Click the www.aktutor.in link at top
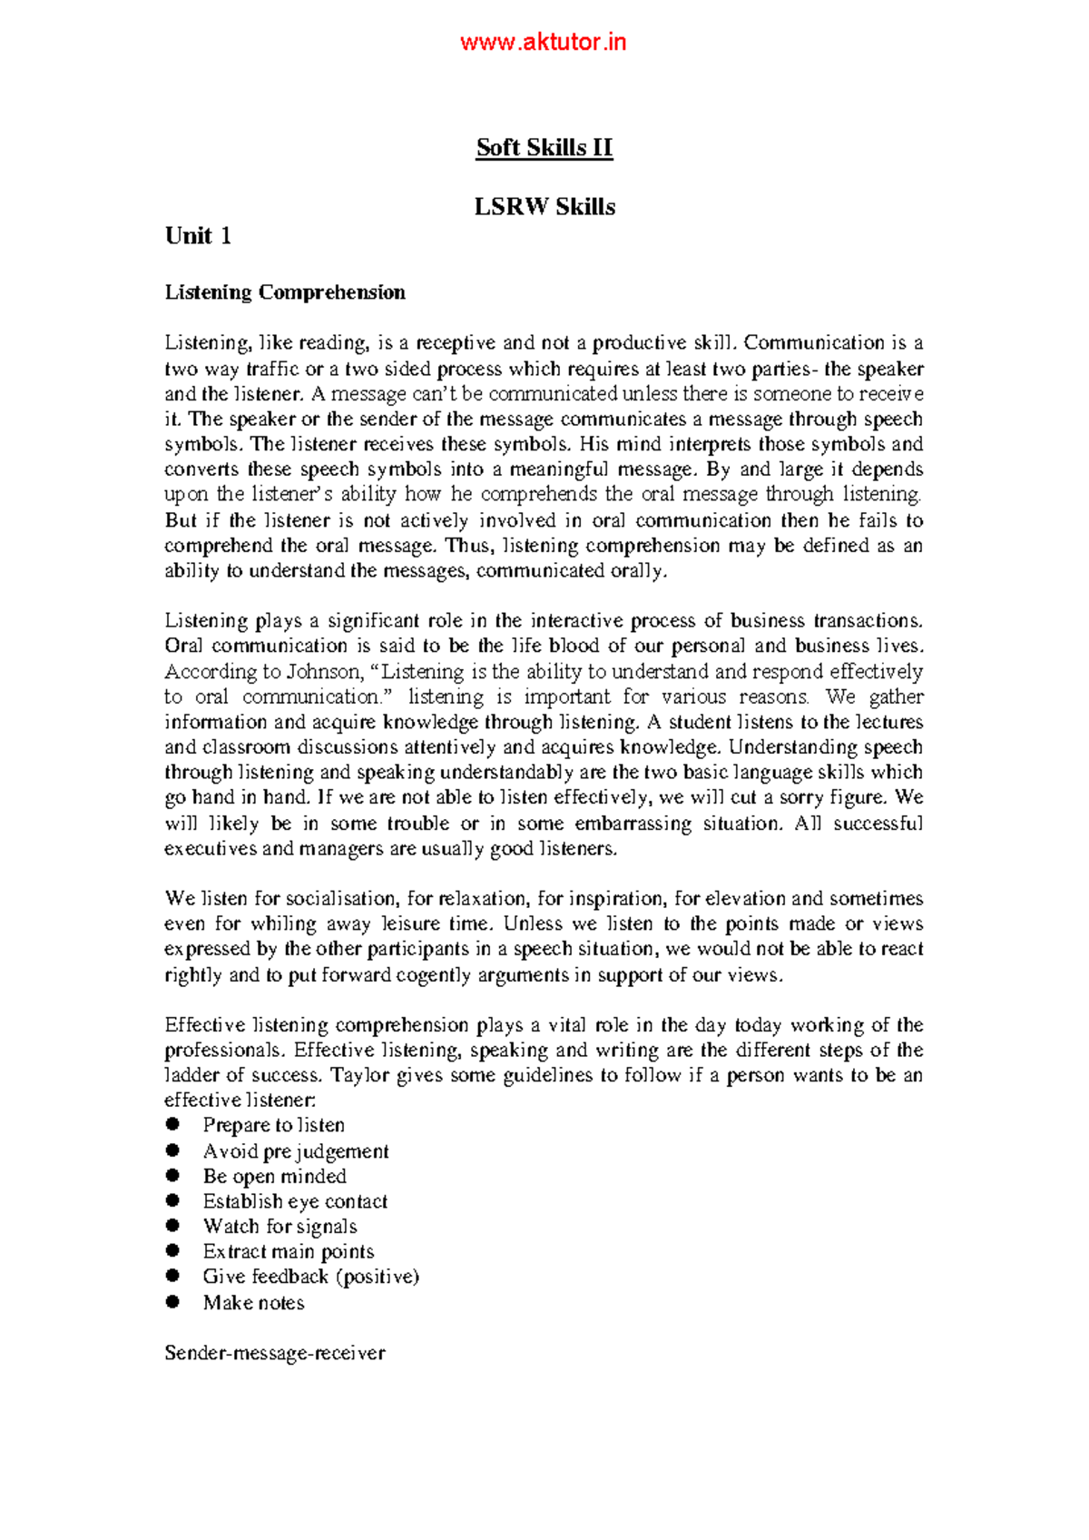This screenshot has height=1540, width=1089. click(543, 43)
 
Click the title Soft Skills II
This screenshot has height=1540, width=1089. click(544, 148)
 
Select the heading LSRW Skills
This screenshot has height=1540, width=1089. click(544, 207)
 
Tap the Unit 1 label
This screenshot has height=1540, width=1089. click(198, 236)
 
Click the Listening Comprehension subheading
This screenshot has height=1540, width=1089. click(285, 292)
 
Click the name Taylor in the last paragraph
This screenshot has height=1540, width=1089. click(360, 1075)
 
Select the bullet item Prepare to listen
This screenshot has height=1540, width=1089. click(273, 1125)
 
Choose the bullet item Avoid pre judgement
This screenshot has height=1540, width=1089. click(295, 1151)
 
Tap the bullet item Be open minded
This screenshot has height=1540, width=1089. click(274, 1176)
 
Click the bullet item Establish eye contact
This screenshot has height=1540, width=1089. click(295, 1201)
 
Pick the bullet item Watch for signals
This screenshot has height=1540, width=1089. click(280, 1227)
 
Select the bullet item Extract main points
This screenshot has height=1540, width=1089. click(288, 1251)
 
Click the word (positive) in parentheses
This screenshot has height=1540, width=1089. click(378, 1277)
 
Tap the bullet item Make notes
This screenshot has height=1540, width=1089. click(253, 1303)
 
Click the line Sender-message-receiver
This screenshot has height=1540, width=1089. click(274, 1353)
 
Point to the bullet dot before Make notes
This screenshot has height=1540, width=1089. click(172, 1302)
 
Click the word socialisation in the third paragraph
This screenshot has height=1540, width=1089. click(341, 899)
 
